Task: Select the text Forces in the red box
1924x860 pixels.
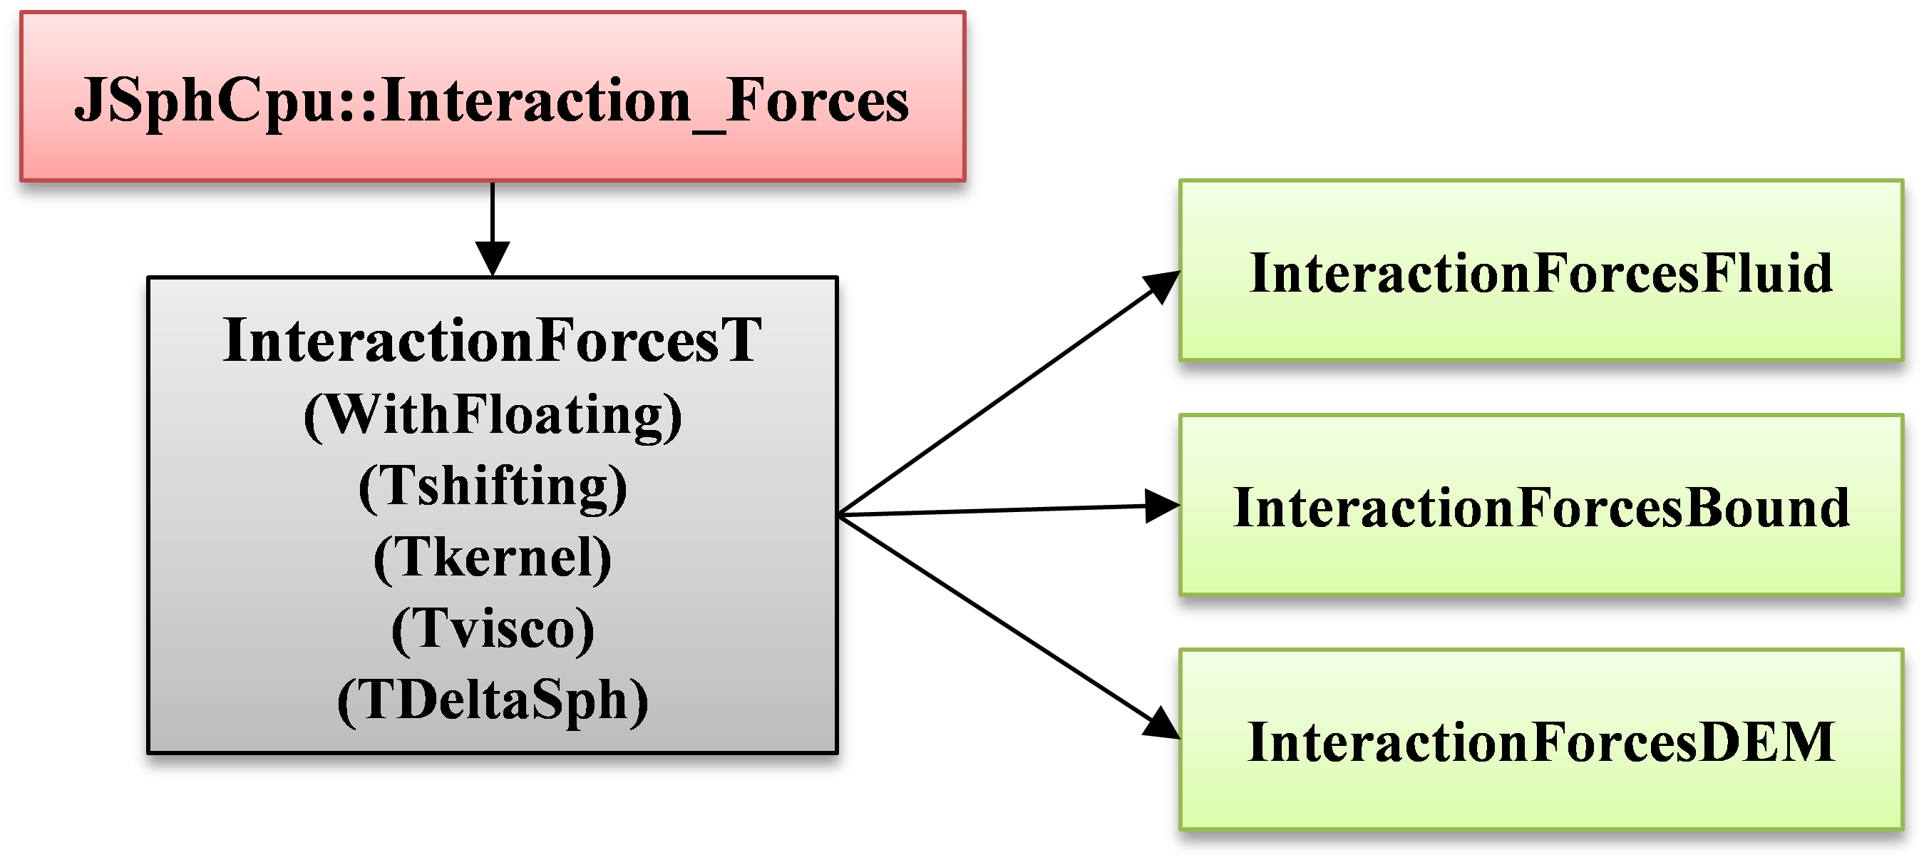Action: (x=817, y=101)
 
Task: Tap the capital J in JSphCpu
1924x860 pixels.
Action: (x=91, y=101)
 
